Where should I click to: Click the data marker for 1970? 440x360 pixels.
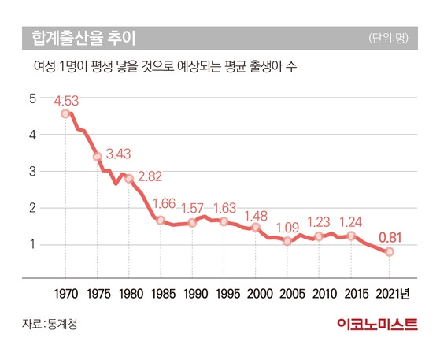[x=65, y=114]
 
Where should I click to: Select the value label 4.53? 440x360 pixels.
[x=68, y=101]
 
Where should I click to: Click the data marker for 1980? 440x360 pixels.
[x=129, y=179]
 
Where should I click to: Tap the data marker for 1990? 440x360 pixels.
[x=192, y=223]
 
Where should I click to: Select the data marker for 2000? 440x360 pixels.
[x=256, y=227]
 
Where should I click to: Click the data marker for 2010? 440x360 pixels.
[x=319, y=236]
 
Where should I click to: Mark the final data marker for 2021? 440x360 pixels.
[x=389, y=252]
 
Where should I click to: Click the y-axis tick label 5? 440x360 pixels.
[x=32, y=98]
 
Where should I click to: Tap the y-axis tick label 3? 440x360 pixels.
[x=32, y=172]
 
